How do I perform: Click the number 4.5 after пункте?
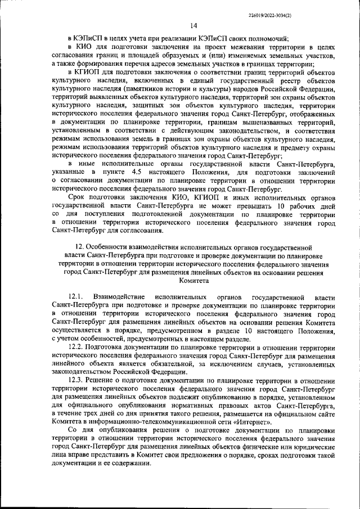coord(134,170)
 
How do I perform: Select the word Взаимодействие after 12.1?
coord(120,296)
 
